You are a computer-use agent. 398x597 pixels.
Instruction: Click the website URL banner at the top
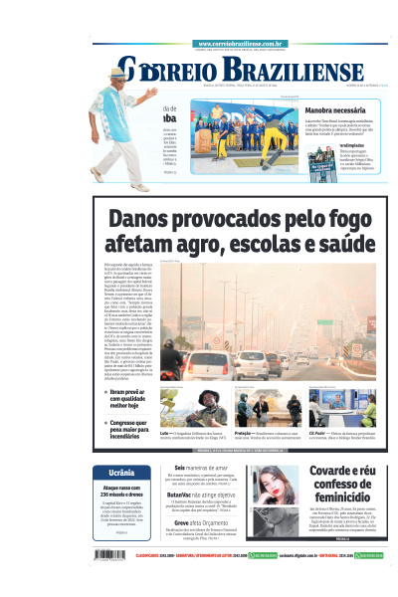click(242, 44)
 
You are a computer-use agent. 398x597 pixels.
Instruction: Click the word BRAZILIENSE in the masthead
click(298, 71)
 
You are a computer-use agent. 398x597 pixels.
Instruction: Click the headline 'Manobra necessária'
click(339, 110)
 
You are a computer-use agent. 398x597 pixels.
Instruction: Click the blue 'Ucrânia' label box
click(121, 473)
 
